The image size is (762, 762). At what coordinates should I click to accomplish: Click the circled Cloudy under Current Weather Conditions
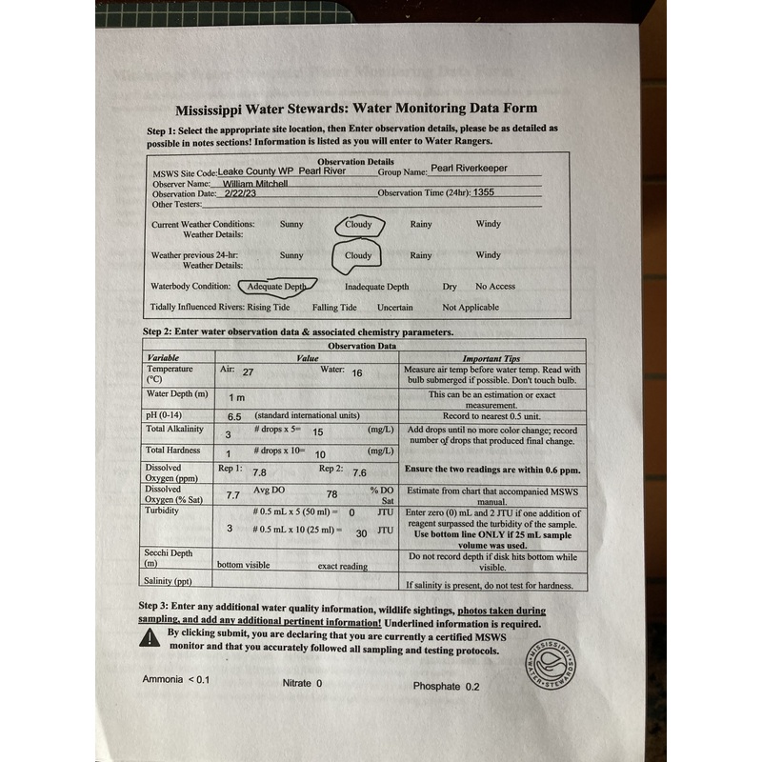click(x=358, y=226)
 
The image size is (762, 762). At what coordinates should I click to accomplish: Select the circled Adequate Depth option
click(x=276, y=287)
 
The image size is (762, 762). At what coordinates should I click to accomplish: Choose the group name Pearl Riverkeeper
click(x=469, y=169)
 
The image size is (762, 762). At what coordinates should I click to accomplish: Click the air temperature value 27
click(x=248, y=372)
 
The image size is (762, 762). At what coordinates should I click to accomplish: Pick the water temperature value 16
click(x=358, y=372)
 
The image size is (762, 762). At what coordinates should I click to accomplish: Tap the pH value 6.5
click(x=234, y=416)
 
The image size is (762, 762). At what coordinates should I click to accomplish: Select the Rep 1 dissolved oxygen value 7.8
click(x=259, y=471)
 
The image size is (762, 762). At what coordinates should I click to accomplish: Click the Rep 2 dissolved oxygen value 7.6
click(x=360, y=471)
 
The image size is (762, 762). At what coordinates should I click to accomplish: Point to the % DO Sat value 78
click(x=331, y=494)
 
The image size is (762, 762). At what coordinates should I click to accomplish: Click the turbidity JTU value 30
click(x=361, y=533)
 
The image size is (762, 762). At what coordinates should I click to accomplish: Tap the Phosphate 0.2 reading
click(x=447, y=686)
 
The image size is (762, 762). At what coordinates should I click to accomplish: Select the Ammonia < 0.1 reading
click(x=175, y=679)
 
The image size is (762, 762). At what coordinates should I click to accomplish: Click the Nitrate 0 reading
click(x=302, y=683)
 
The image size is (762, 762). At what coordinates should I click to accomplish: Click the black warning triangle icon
click(x=150, y=637)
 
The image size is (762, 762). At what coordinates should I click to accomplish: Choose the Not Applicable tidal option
click(x=470, y=308)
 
